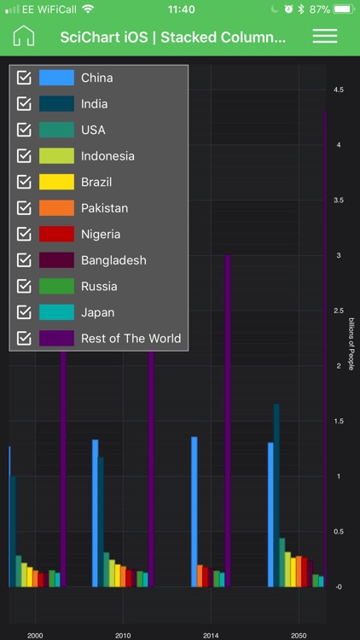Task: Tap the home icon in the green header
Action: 24,37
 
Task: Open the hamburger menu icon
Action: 325,37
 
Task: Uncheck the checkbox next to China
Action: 24,78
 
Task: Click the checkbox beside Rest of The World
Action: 24,338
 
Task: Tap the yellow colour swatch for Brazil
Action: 56,182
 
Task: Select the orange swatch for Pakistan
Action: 56,208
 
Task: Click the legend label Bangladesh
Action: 113,260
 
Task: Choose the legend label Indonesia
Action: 107,156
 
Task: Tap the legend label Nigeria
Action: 101,234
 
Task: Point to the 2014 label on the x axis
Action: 211,636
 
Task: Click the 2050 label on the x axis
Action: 299,636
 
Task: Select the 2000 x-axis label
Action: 35,636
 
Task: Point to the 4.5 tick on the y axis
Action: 339,90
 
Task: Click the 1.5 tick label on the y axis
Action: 339,422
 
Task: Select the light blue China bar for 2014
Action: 195,512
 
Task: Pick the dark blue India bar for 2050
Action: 276,495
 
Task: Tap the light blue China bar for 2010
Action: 95,512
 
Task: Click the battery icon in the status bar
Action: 343,9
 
